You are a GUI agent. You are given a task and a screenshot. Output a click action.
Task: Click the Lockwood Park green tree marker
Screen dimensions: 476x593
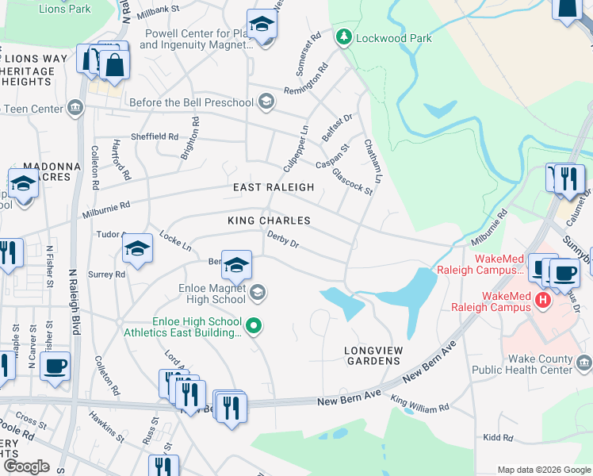pos(343,37)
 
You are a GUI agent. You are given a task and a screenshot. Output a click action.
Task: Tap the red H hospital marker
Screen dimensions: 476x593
pos(543,300)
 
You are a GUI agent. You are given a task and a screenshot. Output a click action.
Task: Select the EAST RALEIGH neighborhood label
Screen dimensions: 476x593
pos(274,187)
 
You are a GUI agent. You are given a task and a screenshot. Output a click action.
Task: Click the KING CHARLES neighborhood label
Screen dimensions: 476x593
pos(268,220)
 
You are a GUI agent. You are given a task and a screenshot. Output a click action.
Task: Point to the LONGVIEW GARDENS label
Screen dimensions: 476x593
pos(372,355)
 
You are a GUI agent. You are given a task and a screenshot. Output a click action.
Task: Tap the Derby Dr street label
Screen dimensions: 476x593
pos(282,239)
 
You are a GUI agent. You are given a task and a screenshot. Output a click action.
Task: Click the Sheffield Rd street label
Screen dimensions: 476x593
pos(155,136)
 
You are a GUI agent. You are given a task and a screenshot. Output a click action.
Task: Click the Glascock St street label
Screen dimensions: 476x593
pos(352,180)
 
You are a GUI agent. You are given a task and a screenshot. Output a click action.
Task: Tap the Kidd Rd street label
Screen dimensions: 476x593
pos(497,437)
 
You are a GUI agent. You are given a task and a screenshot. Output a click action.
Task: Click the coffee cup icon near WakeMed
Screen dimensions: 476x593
pos(564,274)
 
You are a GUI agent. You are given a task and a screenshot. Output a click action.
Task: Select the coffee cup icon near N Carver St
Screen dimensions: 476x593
pos(55,366)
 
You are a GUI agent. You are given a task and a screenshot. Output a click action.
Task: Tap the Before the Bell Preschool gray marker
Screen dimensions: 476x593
pos(267,102)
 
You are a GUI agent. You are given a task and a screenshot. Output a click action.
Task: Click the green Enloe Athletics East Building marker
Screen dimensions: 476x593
pos(254,324)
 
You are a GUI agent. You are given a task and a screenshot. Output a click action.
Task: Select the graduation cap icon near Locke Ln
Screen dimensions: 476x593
pos(137,250)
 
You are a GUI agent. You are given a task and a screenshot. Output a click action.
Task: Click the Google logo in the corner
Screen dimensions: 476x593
pos(27,466)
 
